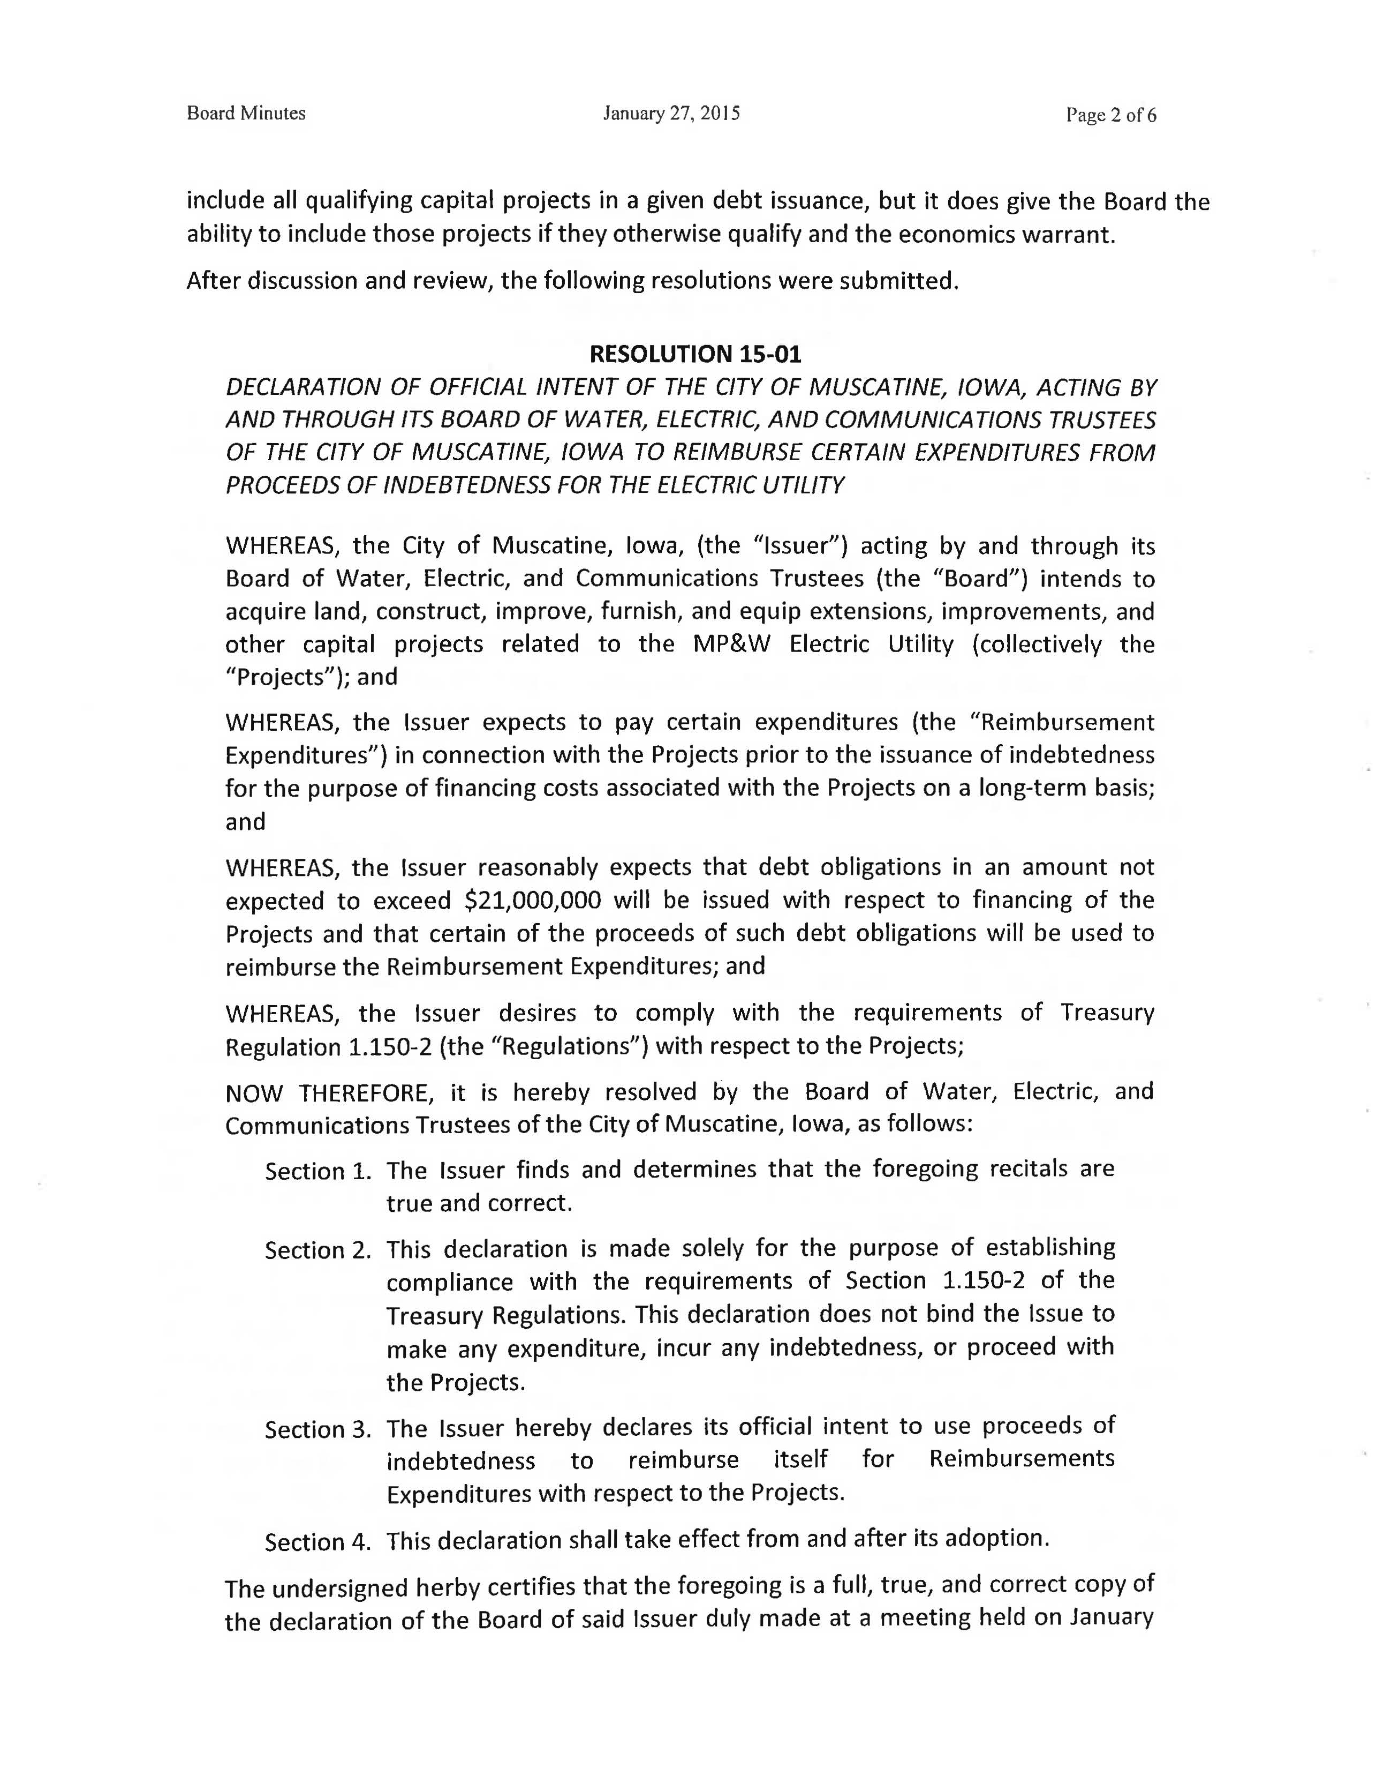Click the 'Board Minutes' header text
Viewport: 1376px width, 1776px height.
coord(246,114)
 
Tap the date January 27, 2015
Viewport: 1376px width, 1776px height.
coord(671,114)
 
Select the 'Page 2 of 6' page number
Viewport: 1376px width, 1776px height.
coord(1111,116)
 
